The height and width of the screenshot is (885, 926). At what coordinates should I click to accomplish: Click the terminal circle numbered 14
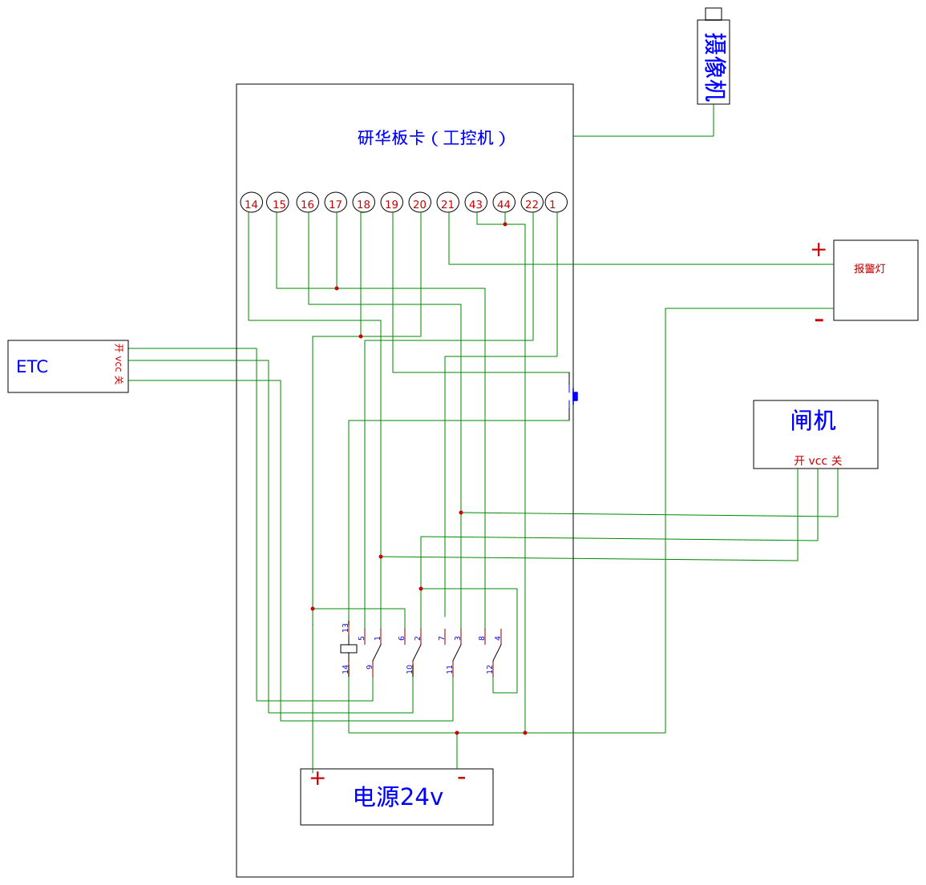point(251,203)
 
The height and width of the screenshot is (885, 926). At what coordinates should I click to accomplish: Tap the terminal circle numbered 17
point(335,203)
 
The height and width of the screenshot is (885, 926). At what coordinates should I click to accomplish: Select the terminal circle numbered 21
point(447,203)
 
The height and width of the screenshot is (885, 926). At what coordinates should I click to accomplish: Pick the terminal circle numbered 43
point(476,203)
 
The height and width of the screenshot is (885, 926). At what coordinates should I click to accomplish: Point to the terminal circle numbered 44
point(503,203)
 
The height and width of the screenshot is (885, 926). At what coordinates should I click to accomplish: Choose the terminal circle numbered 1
point(556,203)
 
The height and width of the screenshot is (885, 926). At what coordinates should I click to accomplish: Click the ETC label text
point(32,367)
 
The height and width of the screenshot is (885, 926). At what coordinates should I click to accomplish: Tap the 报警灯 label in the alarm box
point(869,269)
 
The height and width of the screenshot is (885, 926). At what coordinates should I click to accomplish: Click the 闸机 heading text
point(813,420)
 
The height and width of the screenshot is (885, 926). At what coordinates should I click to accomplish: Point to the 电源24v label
point(398,797)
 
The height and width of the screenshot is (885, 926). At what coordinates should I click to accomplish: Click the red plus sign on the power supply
point(317,778)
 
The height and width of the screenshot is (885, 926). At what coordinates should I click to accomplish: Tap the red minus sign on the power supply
point(461,777)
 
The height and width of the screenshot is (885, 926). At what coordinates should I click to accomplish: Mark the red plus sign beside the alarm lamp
point(818,250)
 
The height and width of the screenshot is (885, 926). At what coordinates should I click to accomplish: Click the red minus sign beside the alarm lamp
point(819,320)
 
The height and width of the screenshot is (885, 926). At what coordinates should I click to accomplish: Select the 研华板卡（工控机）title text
point(432,138)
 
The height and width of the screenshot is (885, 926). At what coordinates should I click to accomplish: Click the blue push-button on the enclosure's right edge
point(574,396)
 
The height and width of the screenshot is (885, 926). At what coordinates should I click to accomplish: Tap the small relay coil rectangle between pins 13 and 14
point(349,649)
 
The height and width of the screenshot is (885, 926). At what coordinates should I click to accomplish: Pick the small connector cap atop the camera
point(714,14)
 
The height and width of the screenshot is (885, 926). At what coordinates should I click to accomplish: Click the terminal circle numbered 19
point(391,203)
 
